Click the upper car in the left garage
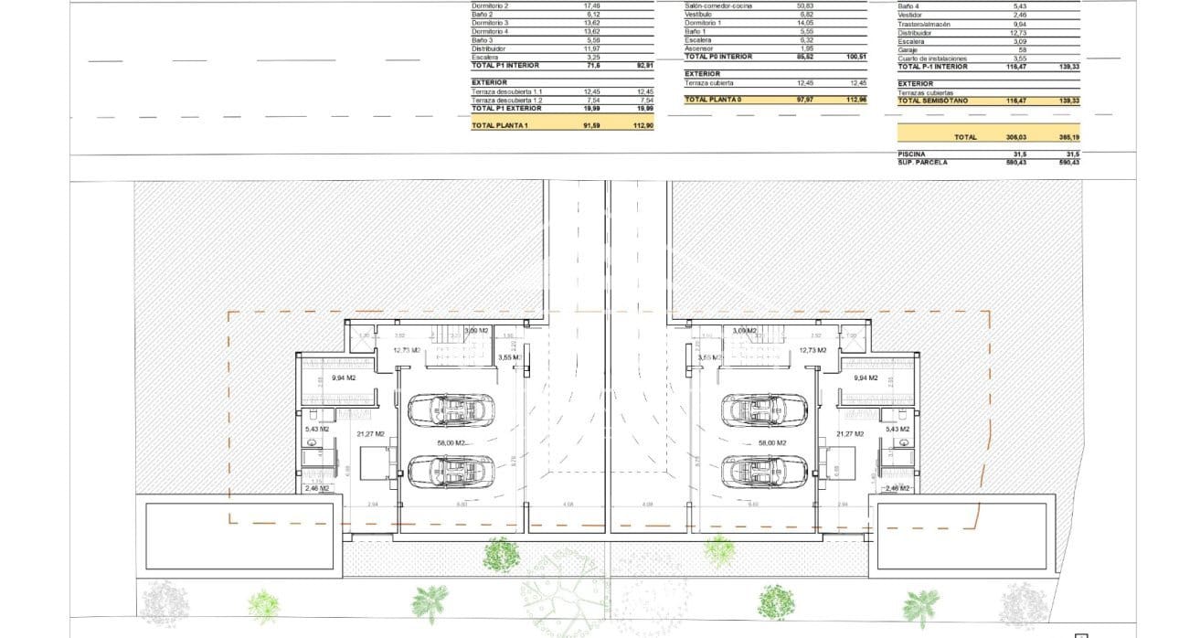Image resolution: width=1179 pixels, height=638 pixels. tap(448, 410)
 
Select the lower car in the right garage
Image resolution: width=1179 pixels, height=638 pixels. tap(765, 473)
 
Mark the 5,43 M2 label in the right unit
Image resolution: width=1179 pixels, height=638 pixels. tap(898, 429)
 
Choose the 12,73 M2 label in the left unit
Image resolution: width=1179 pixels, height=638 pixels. tap(406, 350)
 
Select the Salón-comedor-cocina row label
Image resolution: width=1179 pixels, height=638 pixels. tap(718, 5)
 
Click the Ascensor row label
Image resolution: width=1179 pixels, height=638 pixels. tap(699, 48)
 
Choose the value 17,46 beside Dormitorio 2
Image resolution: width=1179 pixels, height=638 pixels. tap(592, 5)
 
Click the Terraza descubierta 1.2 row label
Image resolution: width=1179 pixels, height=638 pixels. tap(506, 101)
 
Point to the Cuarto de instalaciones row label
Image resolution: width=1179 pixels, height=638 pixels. tap(932, 58)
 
